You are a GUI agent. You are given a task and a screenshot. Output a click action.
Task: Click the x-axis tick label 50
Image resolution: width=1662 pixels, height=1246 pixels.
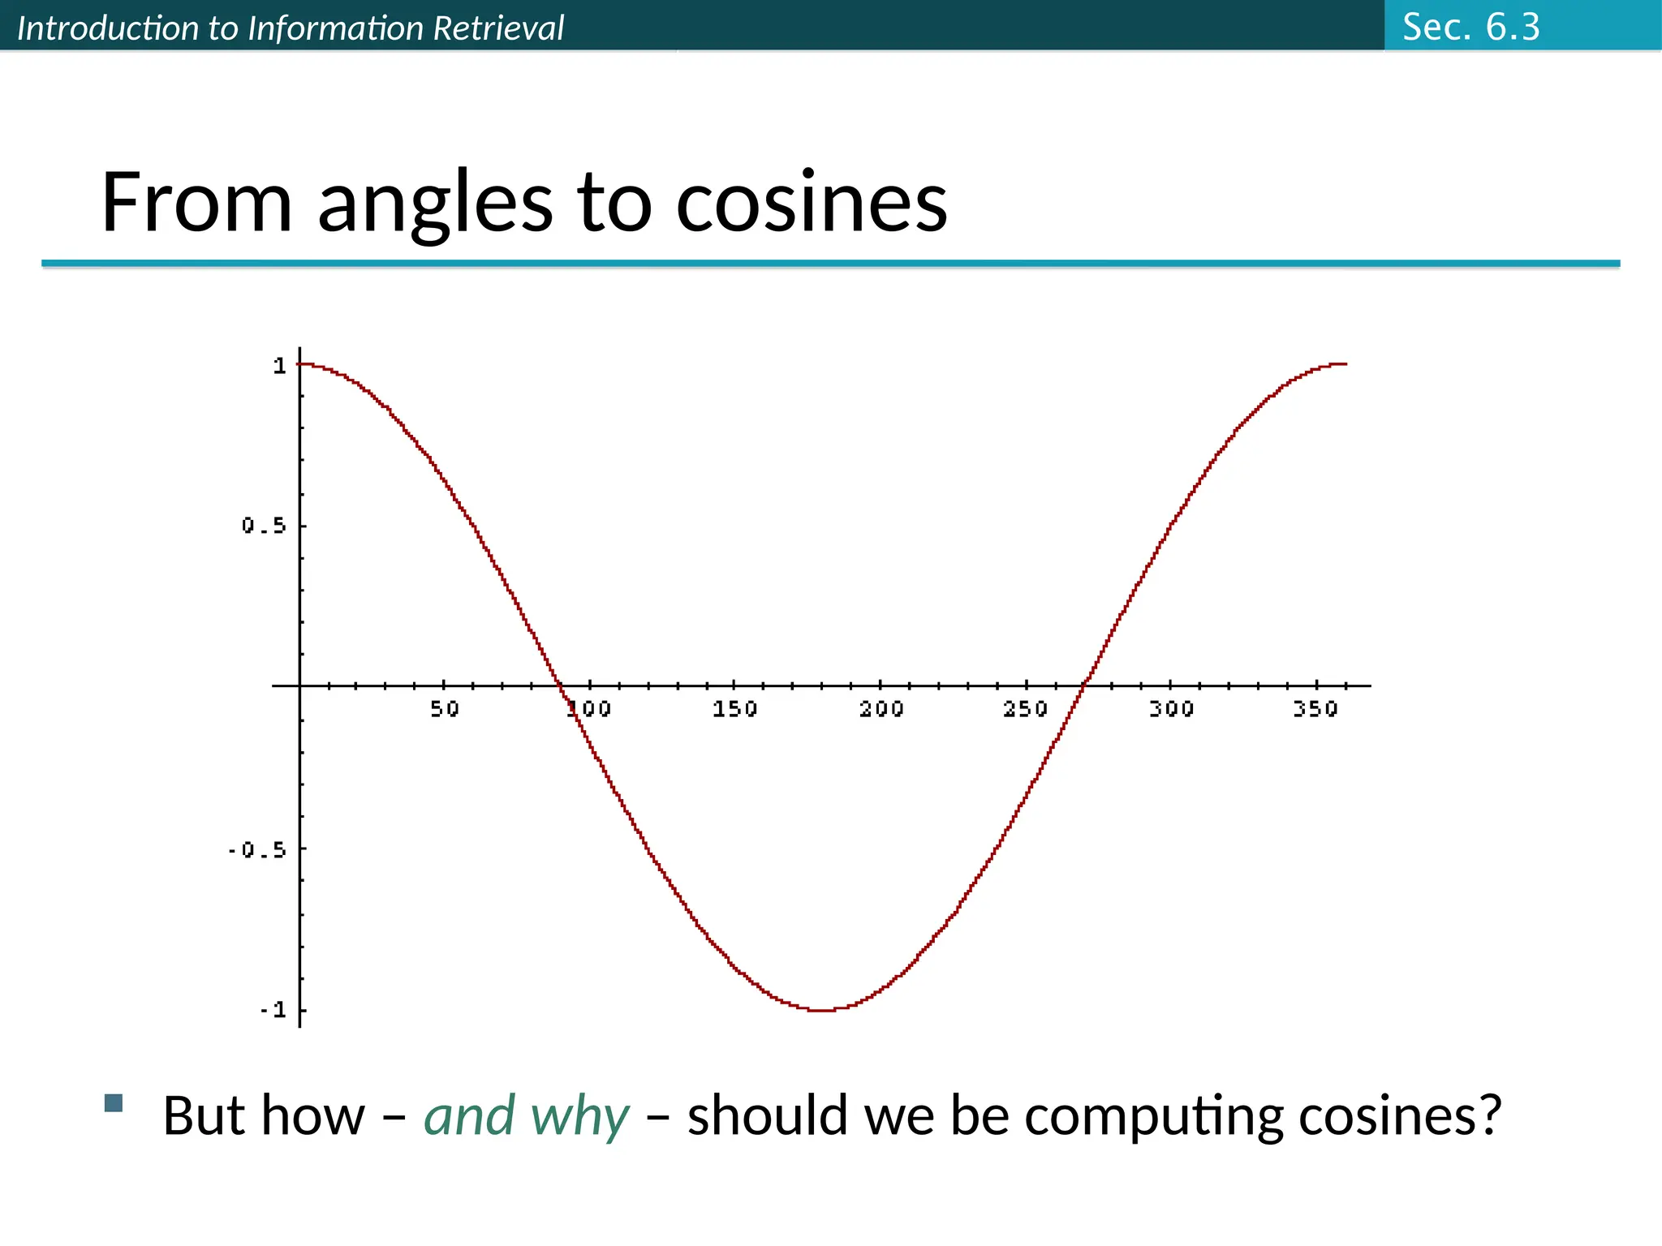(444, 709)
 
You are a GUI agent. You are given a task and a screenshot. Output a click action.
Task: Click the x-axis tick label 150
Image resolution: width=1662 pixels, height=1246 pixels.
(734, 709)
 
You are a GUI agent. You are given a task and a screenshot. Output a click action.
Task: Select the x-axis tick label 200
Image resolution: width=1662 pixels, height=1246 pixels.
(881, 709)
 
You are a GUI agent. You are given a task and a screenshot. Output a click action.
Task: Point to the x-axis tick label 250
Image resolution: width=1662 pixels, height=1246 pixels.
(1026, 709)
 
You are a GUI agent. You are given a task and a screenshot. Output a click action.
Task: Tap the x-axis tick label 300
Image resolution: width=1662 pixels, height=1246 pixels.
(1171, 709)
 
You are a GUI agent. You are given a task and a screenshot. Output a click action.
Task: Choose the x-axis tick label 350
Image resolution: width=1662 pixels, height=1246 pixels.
(1315, 709)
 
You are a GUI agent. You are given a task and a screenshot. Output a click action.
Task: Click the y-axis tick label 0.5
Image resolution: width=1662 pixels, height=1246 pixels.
(264, 526)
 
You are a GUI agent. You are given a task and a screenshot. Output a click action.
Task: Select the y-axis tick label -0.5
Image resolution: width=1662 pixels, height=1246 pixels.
(256, 850)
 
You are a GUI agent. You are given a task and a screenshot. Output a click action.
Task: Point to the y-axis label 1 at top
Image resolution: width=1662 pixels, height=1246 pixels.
(279, 366)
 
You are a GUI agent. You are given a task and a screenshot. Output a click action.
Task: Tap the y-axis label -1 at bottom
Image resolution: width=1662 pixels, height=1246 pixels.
(273, 1010)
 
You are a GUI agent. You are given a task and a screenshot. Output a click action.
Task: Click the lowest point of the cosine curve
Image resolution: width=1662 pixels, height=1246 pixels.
(822, 1010)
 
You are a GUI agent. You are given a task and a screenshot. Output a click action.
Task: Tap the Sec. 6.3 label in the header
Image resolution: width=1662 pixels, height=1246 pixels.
(1470, 27)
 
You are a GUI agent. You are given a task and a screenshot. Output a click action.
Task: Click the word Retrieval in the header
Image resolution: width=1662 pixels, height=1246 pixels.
(498, 28)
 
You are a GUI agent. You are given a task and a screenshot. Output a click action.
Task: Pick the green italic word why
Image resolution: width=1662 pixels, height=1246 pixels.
(579, 1116)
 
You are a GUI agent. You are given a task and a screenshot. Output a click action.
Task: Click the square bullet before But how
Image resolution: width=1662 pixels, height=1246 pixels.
(114, 1102)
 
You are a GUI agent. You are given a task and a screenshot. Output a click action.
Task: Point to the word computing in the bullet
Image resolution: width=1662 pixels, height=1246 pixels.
(1154, 1116)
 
